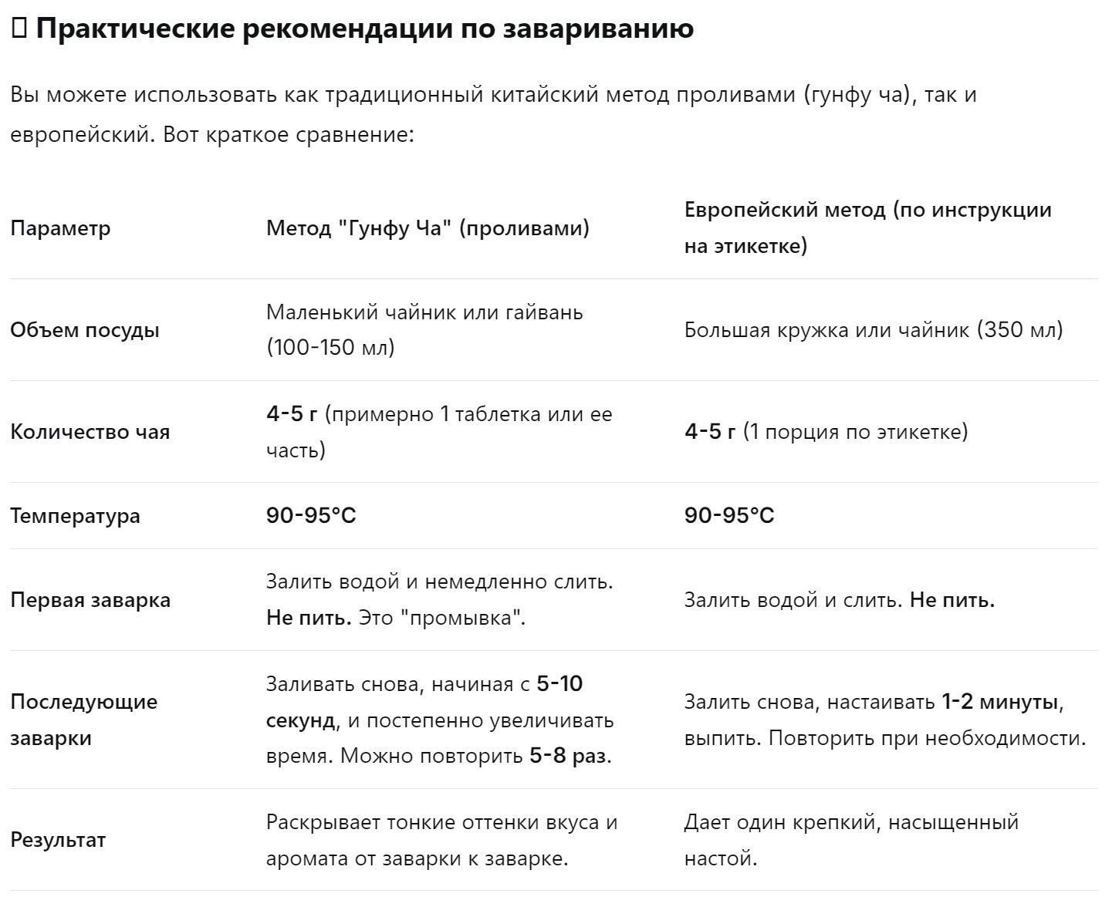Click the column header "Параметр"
60,228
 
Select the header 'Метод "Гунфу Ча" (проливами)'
428,228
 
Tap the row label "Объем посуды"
85,330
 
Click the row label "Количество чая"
90,432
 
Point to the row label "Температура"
75,516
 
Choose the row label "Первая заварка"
90,600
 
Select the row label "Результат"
58,840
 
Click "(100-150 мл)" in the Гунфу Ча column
330,348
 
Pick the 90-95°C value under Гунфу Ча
311,516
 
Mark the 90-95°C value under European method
729,516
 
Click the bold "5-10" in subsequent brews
559,684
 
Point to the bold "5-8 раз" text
568,756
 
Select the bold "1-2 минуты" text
999,702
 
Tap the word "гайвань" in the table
544,312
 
